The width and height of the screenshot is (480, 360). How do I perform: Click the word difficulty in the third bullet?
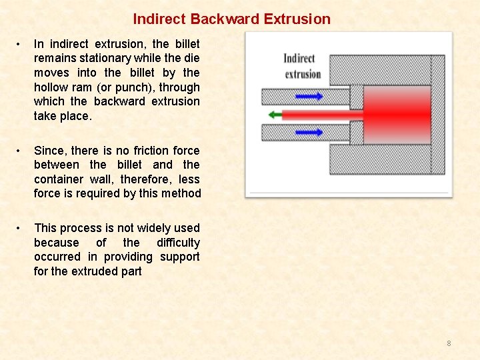point(178,243)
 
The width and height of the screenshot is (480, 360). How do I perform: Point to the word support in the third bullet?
point(179,257)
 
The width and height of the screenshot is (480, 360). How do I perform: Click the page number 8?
point(449,343)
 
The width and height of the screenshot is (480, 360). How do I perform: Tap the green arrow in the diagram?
point(274,115)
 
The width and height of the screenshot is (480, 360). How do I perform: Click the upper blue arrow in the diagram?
point(309,97)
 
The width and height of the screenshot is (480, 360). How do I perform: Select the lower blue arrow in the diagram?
point(309,132)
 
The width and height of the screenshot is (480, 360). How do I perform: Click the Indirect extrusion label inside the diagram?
point(303,66)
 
